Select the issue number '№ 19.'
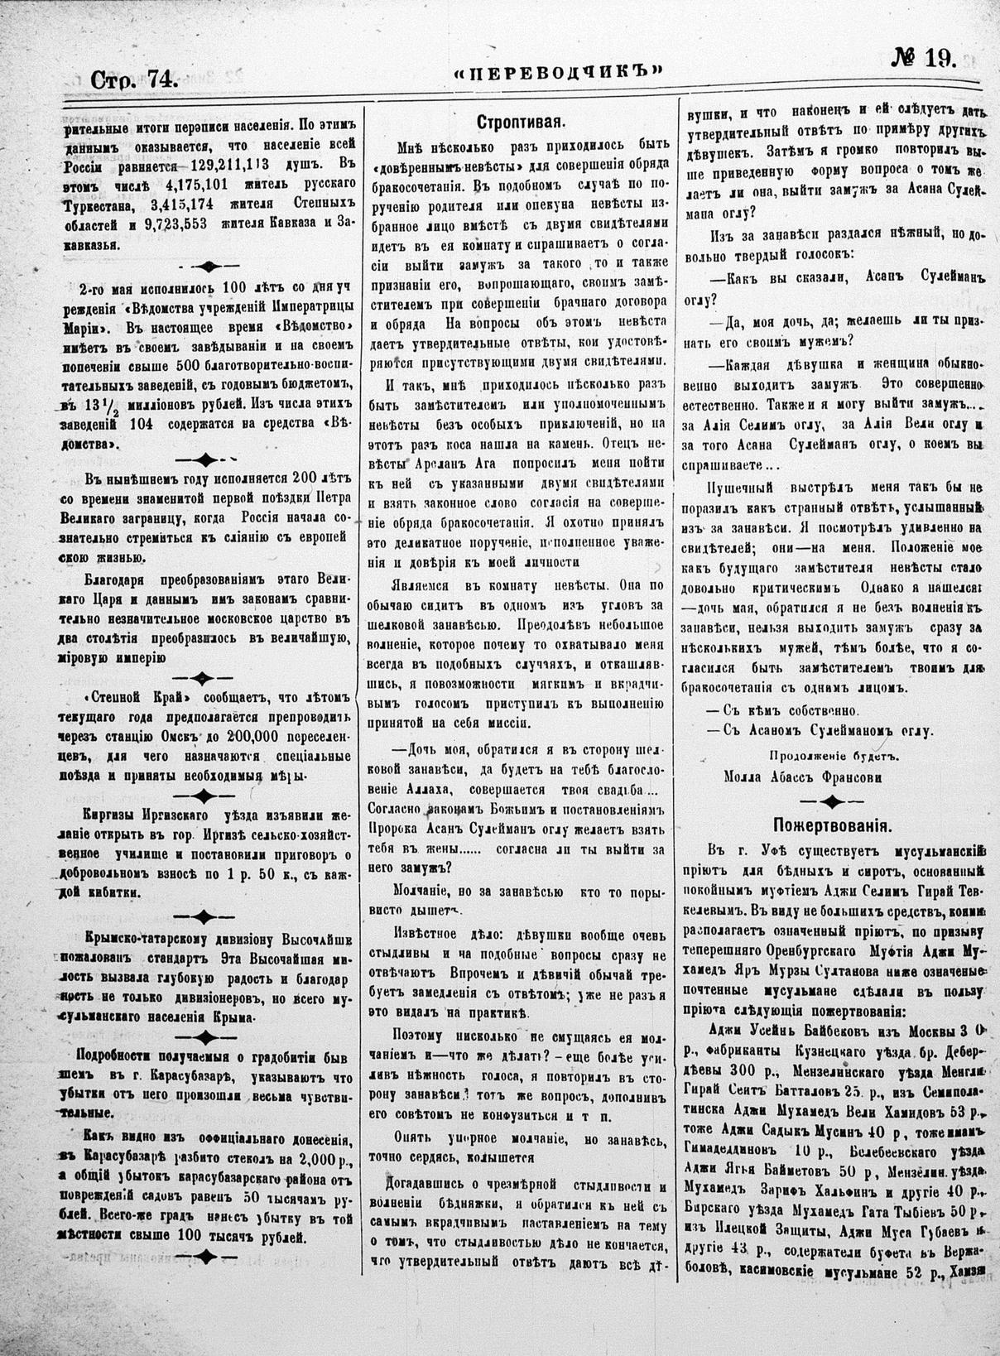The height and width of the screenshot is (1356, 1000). pos(923,59)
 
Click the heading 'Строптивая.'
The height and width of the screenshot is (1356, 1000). pos(521,123)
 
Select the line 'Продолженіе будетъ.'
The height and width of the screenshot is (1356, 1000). pos(834,754)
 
